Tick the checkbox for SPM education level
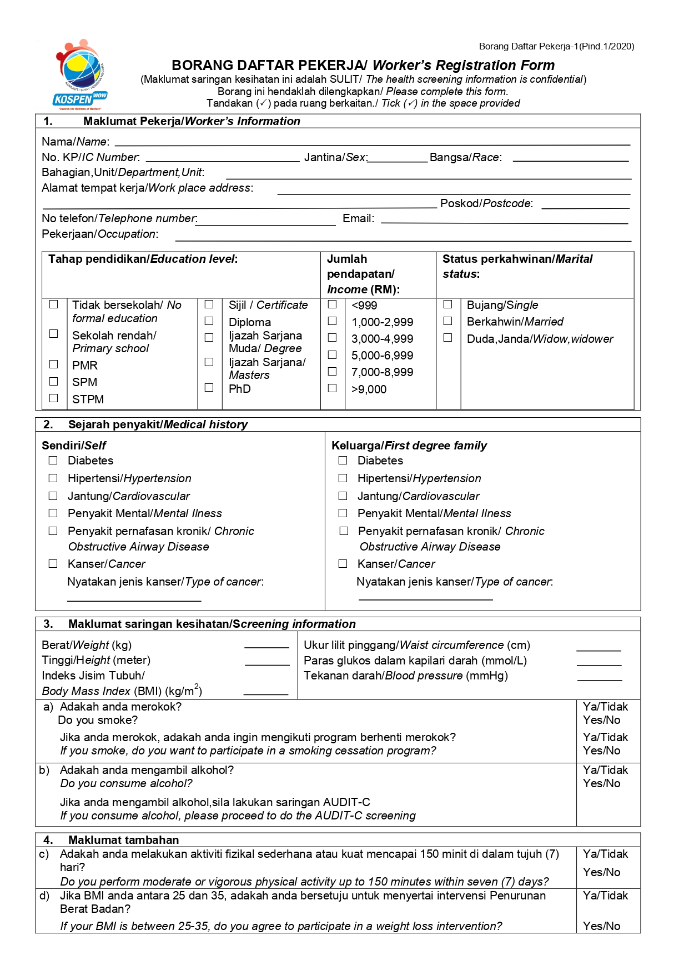click(x=54, y=382)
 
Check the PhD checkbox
click(x=209, y=388)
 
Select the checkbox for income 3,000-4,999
click(x=333, y=338)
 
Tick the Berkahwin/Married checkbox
click(x=448, y=321)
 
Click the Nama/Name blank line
click(x=372, y=142)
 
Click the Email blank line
click(x=504, y=220)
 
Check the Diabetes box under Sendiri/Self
click(x=53, y=461)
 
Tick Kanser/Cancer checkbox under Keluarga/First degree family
click(x=343, y=564)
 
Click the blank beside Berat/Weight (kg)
click(x=266, y=645)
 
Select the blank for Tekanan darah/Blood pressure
click(x=600, y=677)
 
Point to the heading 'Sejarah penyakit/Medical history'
click(x=158, y=424)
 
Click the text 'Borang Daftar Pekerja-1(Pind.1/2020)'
click(x=556, y=47)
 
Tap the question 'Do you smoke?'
click(x=98, y=721)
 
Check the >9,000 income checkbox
click(x=333, y=388)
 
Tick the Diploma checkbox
click(x=209, y=321)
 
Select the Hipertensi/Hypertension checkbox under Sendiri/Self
click(x=53, y=478)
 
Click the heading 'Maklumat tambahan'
click(x=123, y=840)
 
